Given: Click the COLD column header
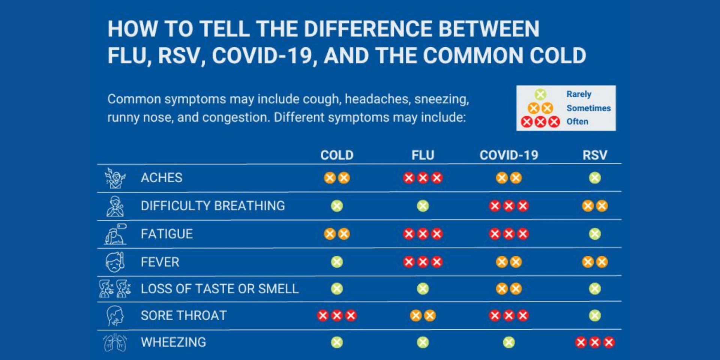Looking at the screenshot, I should click(x=337, y=155).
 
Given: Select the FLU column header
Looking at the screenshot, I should click(x=423, y=155).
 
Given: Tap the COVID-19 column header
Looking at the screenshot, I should click(x=508, y=155).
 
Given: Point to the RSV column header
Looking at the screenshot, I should click(x=594, y=155).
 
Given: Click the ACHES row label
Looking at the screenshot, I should click(x=162, y=178).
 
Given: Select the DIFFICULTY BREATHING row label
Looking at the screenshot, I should click(x=213, y=206).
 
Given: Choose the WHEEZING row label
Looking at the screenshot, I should click(x=173, y=342).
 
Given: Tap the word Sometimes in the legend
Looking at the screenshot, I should click(x=588, y=108).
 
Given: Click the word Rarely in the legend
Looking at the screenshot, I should click(x=579, y=94).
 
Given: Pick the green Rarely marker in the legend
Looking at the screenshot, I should click(x=540, y=94).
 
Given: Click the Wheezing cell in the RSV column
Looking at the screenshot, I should click(x=595, y=342).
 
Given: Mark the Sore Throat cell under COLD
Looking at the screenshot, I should click(x=337, y=316).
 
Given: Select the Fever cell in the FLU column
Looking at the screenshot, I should click(x=423, y=262).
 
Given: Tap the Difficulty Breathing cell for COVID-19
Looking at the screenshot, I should click(x=509, y=206).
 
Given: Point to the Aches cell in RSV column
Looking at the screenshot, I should click(x=595, y=178).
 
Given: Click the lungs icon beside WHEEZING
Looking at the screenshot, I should click(x=115, y=342).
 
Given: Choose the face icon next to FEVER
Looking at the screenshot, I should click(x=115, y=262).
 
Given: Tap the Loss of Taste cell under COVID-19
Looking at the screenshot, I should click(x=509, y=289).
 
